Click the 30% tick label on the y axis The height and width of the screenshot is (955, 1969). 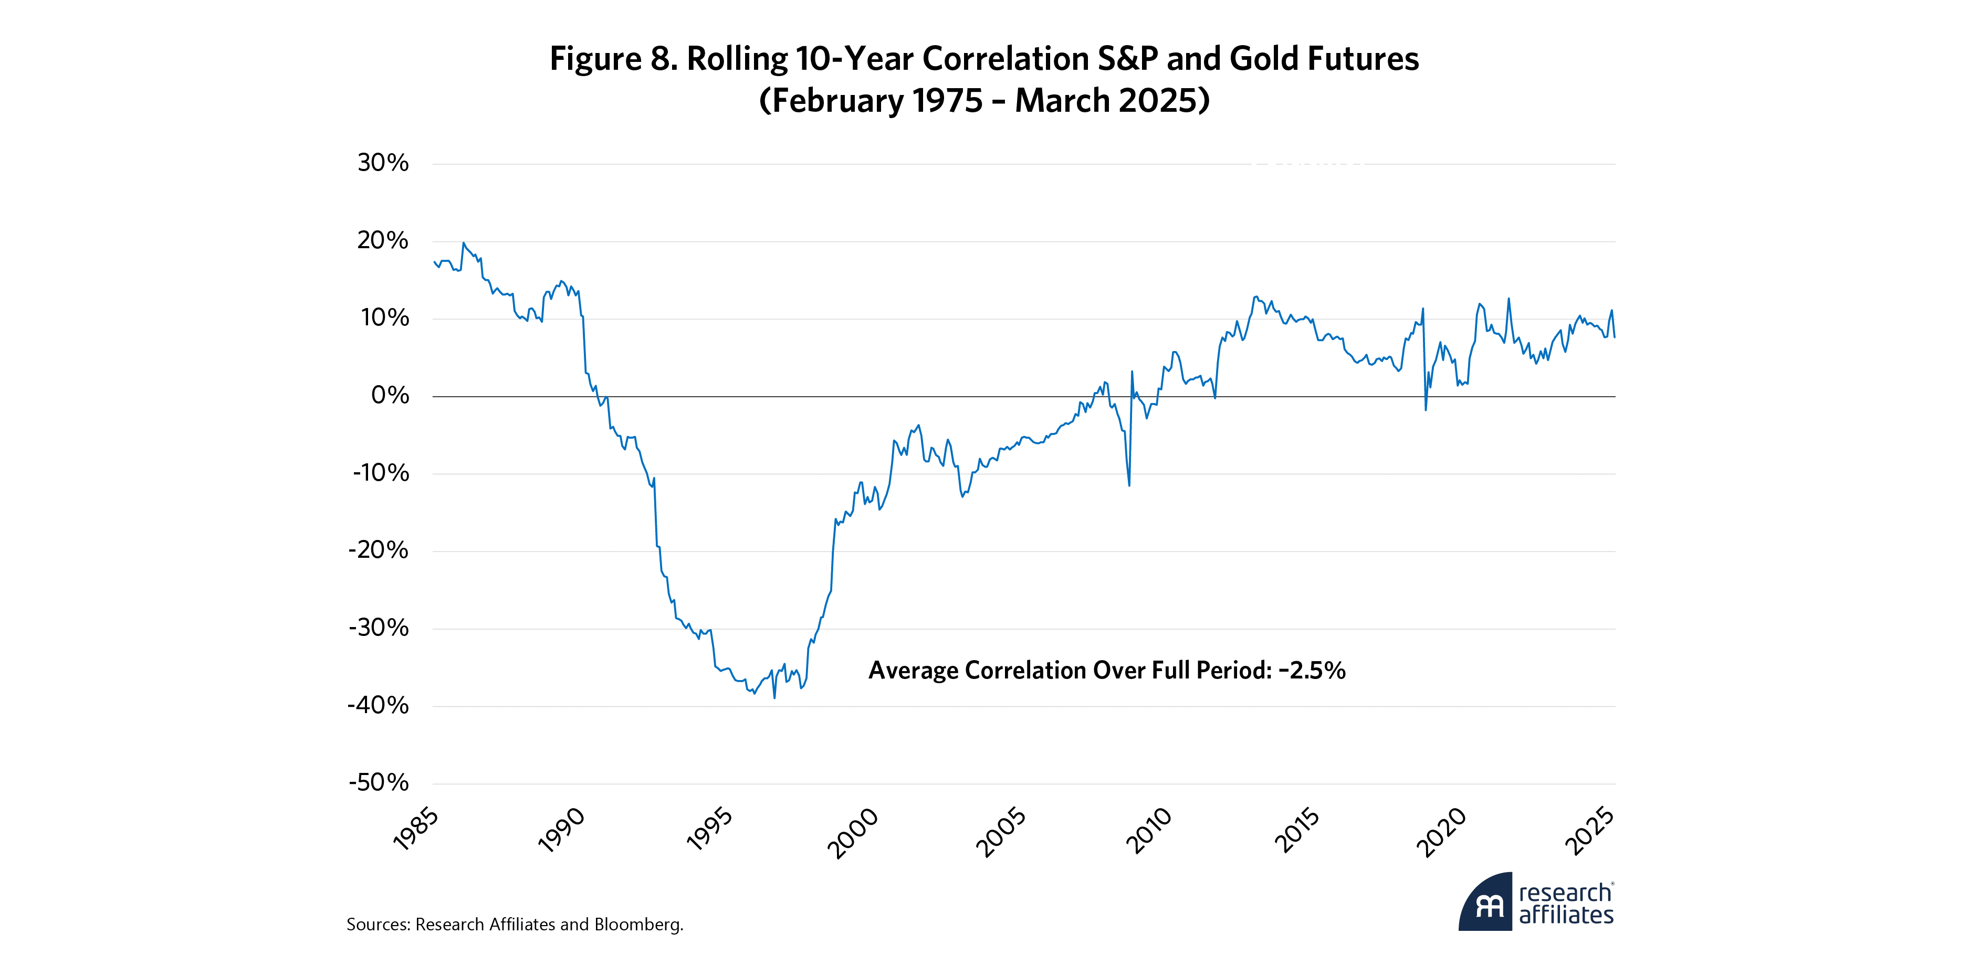pos(383,163)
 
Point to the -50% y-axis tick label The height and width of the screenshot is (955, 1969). pos(379,782)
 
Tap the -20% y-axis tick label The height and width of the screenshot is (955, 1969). pos(379,550)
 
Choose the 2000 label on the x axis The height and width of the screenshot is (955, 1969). pos(853,833)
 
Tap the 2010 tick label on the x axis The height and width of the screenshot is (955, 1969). pos(1149,831)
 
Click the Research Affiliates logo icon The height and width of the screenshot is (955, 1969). pos(1485,903)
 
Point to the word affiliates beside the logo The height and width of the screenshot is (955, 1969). pos(1566,915)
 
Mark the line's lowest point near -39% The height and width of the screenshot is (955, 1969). pos(774,697)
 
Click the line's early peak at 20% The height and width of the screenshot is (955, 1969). pos(463,243)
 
